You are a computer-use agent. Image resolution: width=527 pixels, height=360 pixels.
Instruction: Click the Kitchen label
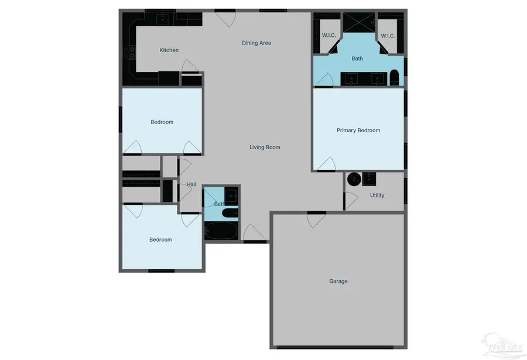pos(169,50)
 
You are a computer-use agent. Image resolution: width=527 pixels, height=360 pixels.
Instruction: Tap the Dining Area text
pos(256,43)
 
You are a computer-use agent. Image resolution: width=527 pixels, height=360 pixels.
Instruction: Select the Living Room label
pos(265,148)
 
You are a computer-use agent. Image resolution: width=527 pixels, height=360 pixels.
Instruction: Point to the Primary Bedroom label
pos(358,131)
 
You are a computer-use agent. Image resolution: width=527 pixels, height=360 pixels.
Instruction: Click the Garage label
pos(338,282)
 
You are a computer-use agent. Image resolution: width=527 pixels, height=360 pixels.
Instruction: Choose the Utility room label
pos(377,196)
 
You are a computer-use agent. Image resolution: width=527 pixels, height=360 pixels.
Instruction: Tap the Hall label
pos(191,185)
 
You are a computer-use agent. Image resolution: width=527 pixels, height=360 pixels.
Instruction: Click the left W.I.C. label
pos(329,36)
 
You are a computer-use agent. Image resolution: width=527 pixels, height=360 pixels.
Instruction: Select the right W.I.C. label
pos(388,36)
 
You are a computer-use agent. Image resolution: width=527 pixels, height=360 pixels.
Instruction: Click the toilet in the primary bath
pos(395,77)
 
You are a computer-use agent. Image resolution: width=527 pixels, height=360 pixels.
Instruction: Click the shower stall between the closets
pos(358,22)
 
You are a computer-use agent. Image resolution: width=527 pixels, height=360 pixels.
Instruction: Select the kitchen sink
pos(163,19)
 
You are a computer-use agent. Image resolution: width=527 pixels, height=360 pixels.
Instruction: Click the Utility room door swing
pos(350,200)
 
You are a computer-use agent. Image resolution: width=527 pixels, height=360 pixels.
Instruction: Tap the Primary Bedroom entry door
pos(326,164)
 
